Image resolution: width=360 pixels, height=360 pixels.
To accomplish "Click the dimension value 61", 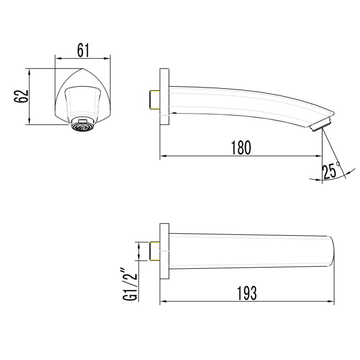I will click(x=83, y=51).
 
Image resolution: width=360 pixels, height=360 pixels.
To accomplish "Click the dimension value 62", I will click(x=20, y=97).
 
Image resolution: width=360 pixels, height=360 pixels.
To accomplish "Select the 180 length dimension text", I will click(x=241, y=148).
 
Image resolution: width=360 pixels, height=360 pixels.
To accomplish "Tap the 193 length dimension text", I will click(x=246, y=293).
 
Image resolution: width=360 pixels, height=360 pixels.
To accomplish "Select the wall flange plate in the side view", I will click(x=164, y=97).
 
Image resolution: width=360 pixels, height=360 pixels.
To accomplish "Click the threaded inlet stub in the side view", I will click(x=153, y=100).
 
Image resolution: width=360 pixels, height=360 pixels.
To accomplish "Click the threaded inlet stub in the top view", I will click(x=153, y=251).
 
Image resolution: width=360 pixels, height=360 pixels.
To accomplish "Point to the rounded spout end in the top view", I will click(x=331, y=251).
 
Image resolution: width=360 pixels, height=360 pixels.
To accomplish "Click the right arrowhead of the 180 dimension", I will click(x=319, y=156).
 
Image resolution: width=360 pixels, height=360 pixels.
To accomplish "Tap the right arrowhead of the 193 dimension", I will click(x=331, y=302).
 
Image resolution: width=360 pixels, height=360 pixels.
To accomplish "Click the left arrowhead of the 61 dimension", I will click(x=57, y=59).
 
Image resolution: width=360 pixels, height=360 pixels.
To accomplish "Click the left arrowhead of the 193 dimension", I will click(x=162, y=302).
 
